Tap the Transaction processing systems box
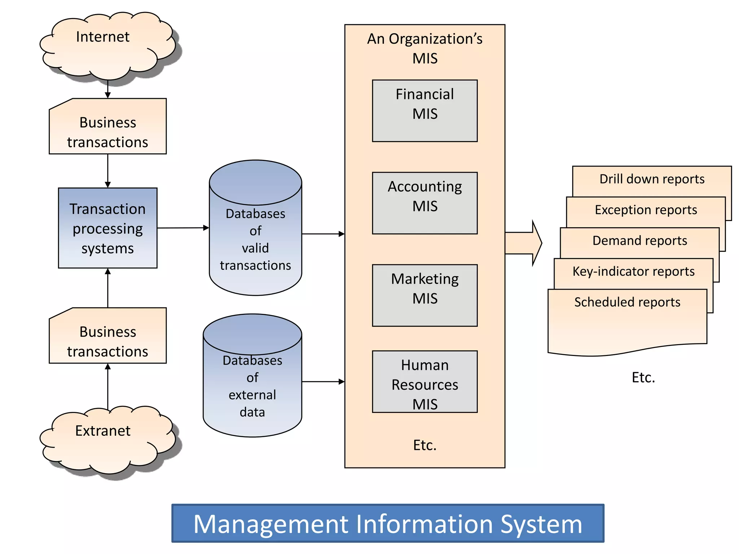108,228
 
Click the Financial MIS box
425,111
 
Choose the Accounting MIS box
425,203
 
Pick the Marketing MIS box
425,295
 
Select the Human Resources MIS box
425,382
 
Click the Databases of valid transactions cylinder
255,238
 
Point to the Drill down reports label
652,179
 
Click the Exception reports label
646,210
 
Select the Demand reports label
639,241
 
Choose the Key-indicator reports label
633,271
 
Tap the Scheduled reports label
627,302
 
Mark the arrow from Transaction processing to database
183,228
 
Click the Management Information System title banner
388,523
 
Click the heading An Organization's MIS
425,48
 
